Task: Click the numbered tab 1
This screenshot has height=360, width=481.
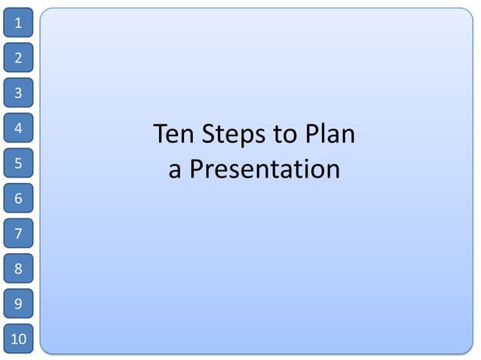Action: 18,23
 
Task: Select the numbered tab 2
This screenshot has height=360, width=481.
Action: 18,57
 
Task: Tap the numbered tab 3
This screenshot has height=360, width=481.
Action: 18,93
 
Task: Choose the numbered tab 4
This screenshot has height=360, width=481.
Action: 18,128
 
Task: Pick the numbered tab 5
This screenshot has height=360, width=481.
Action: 18,163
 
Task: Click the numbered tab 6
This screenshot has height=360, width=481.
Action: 18,198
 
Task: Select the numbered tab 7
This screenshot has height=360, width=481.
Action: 18,233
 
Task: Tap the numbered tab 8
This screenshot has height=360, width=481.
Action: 18,268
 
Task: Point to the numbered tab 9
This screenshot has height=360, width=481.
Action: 18,304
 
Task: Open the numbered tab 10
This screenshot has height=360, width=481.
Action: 18,338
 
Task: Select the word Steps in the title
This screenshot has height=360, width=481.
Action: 234,136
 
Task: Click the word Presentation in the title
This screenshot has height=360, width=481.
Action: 265,169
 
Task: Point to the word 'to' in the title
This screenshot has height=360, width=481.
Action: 285,136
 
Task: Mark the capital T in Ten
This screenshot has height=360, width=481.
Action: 161,135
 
